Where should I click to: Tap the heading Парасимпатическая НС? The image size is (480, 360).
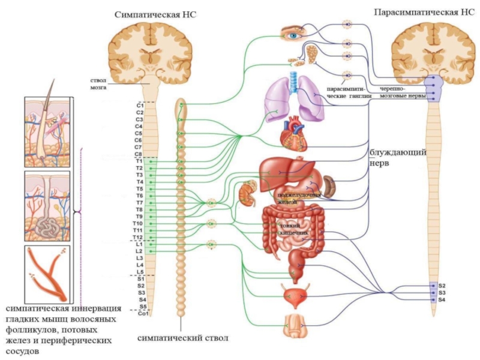click(425, 12)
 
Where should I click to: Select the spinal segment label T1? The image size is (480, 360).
click(139, 161)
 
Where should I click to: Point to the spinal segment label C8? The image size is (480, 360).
click(139, 154)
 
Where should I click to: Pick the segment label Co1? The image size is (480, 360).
click(142, 313)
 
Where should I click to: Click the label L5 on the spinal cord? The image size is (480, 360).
click(139, 272)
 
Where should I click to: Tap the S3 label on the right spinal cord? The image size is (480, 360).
click(442, 292)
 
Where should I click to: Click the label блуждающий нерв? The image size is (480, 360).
click(398, 158)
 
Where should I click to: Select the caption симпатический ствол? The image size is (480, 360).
click(183, 338)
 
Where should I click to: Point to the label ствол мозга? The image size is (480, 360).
click(98, 83)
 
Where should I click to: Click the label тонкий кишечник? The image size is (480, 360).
click(294, 229)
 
